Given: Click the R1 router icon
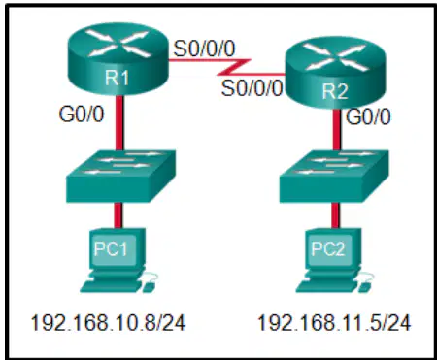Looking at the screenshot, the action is coord(118,59).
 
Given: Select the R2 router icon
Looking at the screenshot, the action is coord(335,73).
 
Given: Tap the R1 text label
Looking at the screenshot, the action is coord(117,78).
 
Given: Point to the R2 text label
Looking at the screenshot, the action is coord(335,91).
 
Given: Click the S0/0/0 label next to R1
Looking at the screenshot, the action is coord(204,49).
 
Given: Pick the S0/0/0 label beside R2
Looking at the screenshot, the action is coord(252,88).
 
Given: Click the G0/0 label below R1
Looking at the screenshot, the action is coord(82,115).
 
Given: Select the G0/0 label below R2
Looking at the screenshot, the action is coord(368,116).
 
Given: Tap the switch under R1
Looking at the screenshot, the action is coord(120,177).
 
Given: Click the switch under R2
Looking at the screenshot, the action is coord(334,177).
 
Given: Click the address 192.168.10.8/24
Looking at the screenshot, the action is coord(108,323).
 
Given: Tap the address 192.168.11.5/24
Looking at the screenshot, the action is coord(334,323).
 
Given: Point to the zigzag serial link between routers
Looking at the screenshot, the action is coord(234,67).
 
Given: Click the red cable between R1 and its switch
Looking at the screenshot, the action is coord(119,122).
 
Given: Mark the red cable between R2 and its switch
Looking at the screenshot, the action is coord(337,129).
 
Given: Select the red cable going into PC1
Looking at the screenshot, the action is coord(118,215).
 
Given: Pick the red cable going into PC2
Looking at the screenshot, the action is coord(335,215).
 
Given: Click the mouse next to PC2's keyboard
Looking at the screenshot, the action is coord(364,287).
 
